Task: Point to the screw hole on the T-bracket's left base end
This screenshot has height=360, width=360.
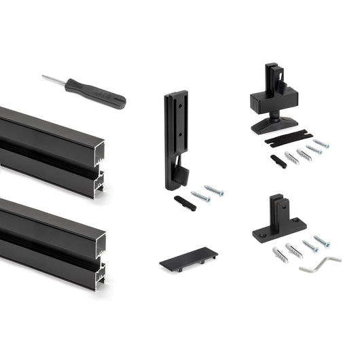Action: [x=261, y=234]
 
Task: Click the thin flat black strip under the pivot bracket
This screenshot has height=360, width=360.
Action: [x=289, y=138]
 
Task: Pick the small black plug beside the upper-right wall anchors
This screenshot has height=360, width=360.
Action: [x=278, y=161]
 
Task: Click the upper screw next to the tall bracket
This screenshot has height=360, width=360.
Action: [x=213, y=191]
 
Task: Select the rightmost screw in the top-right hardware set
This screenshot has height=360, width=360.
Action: [x=321, y=143]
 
